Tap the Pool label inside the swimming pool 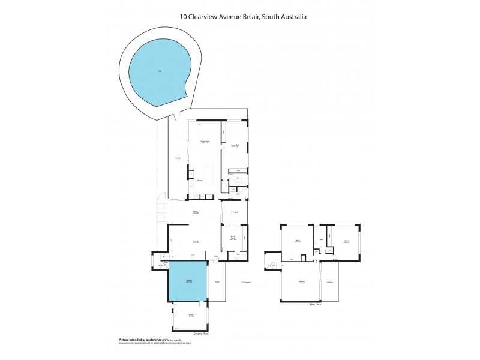click(x=160, y=71)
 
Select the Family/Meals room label click(x=205, y=142)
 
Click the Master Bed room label click(x=235, y=145)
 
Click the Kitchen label click(x=200, y=180)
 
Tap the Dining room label click(x=196, y=212)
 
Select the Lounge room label click(x=196, y=241)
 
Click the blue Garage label click(x=188, y=281)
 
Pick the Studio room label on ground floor click(x=191, y=315)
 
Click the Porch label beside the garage click(x=217, y=281)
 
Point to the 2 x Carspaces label click(x=245, y=281)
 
